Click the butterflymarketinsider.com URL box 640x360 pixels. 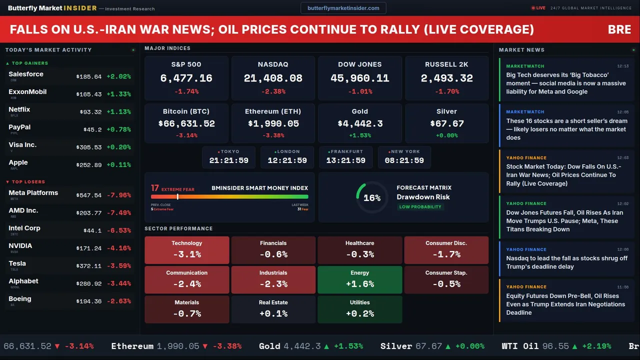[343, 8]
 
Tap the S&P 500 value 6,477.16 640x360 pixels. [186, 78]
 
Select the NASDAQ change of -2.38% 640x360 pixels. [273, 91]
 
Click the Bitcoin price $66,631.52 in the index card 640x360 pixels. [186, 123]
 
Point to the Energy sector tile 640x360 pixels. [359, 279]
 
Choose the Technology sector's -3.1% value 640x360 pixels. [186, 254]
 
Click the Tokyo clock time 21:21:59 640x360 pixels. [228, 160]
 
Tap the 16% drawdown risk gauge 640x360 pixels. [371, 197]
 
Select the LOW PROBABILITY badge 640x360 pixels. [420, 207]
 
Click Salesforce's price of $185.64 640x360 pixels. [89, 77]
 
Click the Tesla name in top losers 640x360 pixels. [17, 263]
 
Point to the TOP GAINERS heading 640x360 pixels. [30, 63]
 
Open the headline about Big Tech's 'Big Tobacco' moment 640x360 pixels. [565, 83]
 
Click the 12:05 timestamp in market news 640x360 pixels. [622, 112]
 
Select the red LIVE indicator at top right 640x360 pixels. [538, 8]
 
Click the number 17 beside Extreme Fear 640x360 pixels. [155, 188]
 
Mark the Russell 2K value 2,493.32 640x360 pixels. [446, 78]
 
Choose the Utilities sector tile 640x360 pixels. [359, 309]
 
